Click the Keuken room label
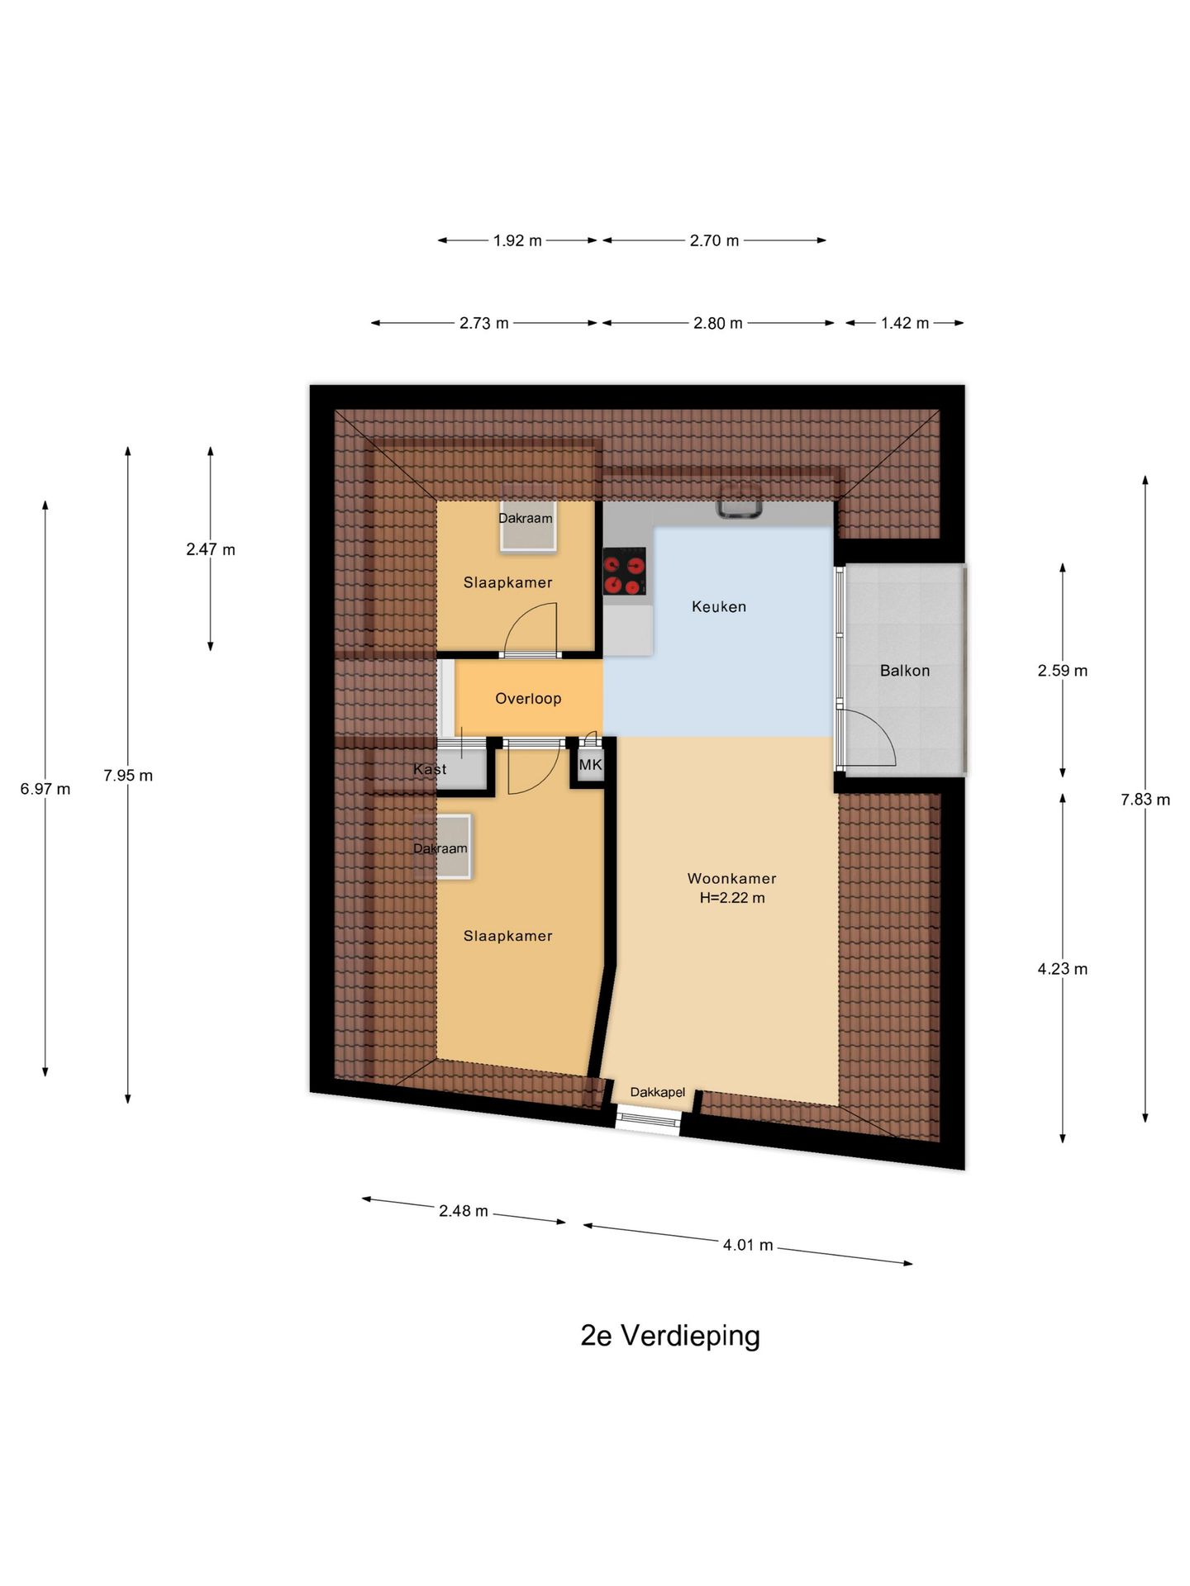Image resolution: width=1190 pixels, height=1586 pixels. [718, 606]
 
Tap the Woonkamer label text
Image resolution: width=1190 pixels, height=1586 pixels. [731, 878]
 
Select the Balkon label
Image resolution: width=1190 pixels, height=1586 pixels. [904, 671]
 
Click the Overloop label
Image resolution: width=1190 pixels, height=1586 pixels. [528, 698]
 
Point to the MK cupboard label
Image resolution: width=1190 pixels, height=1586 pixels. [590, 765]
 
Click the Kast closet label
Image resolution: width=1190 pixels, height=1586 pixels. [430, 769]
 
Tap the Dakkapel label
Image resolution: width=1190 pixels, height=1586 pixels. [657, 1092]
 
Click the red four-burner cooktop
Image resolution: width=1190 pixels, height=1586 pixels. [624, 572]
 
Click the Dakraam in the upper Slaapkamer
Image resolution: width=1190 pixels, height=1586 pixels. [526, 525]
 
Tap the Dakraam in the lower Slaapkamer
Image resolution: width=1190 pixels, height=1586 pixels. [443, 847]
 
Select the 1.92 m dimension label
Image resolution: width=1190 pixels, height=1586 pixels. [517, 240]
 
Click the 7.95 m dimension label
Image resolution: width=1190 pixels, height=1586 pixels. [128, 776]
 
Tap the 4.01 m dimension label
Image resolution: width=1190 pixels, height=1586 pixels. [748, 1245]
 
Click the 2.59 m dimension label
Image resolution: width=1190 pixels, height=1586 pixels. [1062, 671]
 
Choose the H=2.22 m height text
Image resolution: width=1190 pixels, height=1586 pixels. [731, 898]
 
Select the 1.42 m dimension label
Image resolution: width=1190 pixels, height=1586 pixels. [904, 323]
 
